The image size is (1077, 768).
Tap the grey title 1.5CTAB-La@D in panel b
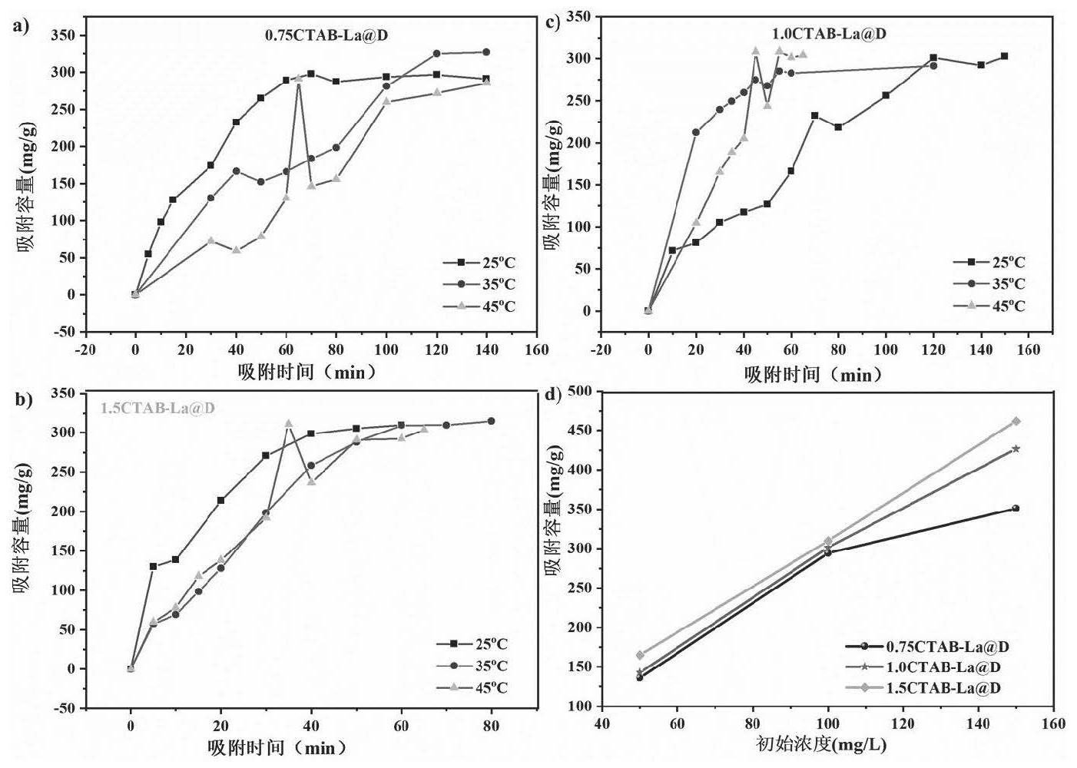157,408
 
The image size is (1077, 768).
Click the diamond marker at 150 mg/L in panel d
1016,422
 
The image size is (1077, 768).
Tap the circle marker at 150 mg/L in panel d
1016,508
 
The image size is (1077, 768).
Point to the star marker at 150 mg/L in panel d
1016,449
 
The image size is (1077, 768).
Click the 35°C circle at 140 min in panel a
486,52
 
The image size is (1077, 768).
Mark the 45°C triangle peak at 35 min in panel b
289,423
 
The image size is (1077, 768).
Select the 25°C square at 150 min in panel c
1004,56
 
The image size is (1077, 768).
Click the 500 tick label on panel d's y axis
582,392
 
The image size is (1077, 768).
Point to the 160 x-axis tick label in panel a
536,349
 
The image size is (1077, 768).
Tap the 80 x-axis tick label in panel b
492,726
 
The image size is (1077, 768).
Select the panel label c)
552,22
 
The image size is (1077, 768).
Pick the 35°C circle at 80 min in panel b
492,421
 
